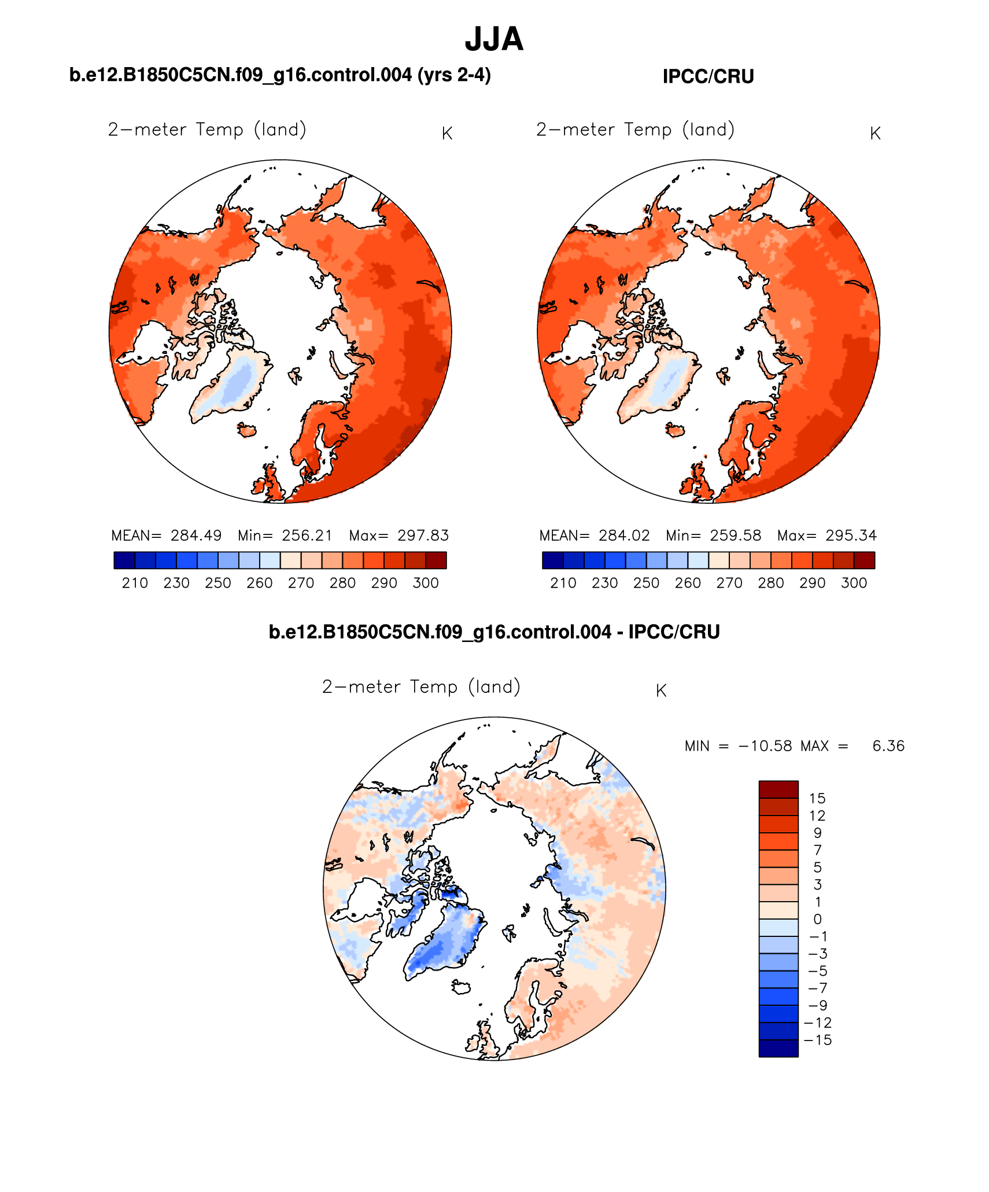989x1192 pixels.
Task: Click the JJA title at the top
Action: coord(494,39)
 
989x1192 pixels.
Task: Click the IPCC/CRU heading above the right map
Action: coord(708,77)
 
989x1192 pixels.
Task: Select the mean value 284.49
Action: coord(196,536)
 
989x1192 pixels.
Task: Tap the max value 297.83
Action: coord(423,536)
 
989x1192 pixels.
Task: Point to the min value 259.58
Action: coord(735,536)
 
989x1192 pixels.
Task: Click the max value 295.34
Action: coord(851,536)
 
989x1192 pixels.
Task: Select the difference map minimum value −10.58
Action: coord(765,746)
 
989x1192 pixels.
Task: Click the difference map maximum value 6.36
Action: coord(888,746)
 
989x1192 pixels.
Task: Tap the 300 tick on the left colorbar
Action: coord(426,583)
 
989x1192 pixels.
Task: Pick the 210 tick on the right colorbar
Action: coord(563,583)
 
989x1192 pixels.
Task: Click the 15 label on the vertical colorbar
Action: coord(817,799)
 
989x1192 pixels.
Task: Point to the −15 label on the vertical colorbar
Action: coord(817,1040)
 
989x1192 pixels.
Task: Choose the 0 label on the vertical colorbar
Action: coord(817,919)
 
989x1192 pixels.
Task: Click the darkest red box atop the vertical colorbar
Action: coord(778,789)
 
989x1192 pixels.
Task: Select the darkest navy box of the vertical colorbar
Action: coord(778,1049)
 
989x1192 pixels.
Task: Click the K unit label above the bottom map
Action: coord(661,691)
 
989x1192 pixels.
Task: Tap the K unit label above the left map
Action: coord(447,134)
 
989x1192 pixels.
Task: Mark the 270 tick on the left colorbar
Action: coord(301,583)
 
